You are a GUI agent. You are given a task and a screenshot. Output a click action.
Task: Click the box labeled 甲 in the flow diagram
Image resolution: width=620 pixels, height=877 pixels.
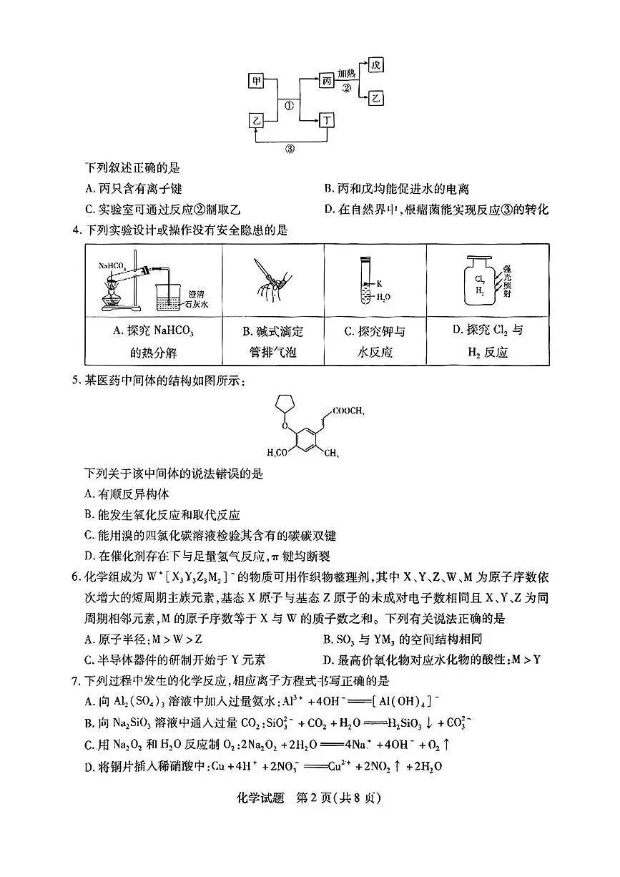pos(257,81)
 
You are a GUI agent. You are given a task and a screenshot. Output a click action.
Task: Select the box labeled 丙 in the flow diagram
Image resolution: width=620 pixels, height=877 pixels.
pos(327,81)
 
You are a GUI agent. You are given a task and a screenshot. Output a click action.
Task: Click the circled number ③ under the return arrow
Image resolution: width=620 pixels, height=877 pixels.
pos(291,149)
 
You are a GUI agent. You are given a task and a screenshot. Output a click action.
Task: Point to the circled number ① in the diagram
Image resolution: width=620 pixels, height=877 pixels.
pos(290,104)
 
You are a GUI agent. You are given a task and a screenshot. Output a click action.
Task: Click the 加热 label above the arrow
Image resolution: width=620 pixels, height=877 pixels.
pos(347,73)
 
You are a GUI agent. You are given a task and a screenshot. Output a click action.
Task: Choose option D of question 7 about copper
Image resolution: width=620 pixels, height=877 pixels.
pos(263,765)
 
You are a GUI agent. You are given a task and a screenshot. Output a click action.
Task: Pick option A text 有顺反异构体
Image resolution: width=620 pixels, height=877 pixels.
pos(126,494)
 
